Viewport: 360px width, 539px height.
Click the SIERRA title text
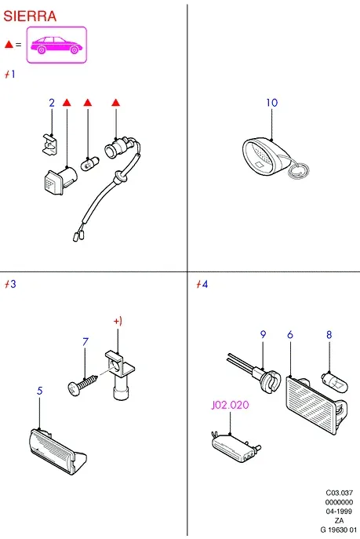[30, 16]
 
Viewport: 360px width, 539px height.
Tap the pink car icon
[56, 45]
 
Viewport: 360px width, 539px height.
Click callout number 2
[52, 103]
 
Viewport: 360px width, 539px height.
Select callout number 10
[271, 103]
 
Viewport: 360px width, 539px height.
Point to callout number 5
[40, 391]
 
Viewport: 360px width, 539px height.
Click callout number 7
[85, 342]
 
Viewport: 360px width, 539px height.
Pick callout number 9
[263, 334]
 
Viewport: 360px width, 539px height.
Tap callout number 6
[290, 334]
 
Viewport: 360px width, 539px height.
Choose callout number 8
[329, 334]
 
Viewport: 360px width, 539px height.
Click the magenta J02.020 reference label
[230, 405]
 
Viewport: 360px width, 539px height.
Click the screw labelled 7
[83, 385]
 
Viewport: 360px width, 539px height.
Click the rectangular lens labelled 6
[315, 405]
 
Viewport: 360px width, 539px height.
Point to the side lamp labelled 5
[57, 452]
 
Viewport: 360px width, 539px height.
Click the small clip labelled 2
[50, 144]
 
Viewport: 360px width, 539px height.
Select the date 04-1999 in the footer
[339, 512]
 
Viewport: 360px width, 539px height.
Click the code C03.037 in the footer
[340, 493]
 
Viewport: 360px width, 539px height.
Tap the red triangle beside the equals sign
[9, 45]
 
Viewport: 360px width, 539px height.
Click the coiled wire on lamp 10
[298, 170]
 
